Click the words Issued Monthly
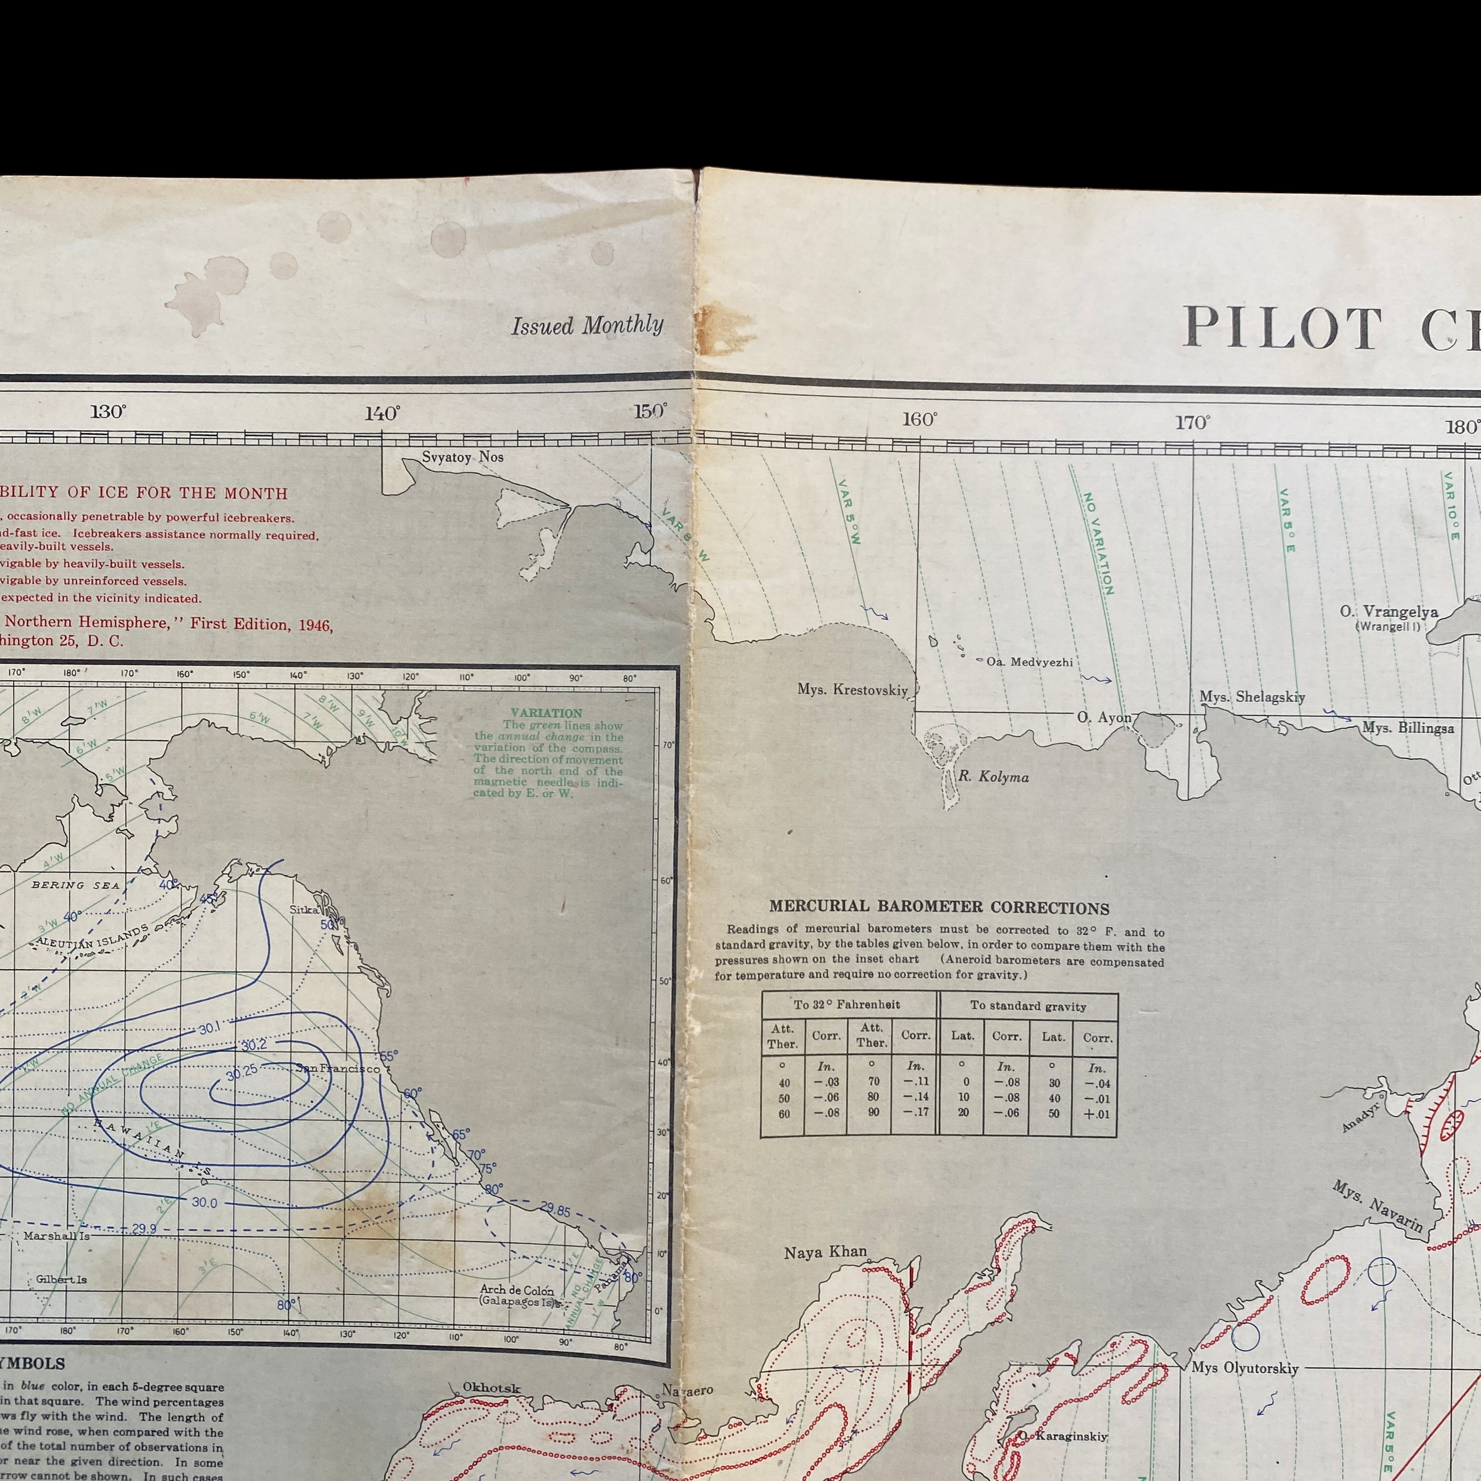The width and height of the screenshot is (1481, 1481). click(x=587, y=326)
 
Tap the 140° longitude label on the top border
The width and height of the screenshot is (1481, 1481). click(x=382, y=414)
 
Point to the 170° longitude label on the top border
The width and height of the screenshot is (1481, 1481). click(x=1193, y=422)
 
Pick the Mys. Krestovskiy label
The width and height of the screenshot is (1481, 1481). click(x=852, y=690)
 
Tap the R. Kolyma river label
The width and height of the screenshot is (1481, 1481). click(x=993, y=777)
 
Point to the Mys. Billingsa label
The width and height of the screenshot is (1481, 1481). click(x=1408, y=727)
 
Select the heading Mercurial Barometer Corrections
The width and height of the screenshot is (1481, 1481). click(x=939, y=908)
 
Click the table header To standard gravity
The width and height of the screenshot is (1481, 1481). click(x=1028, y=1006)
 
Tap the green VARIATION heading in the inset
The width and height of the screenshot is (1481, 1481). click(x=547, y=713)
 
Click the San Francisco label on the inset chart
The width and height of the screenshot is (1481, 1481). click(x=337, y=1069)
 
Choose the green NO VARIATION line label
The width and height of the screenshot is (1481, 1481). click(x=1098, y=544)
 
